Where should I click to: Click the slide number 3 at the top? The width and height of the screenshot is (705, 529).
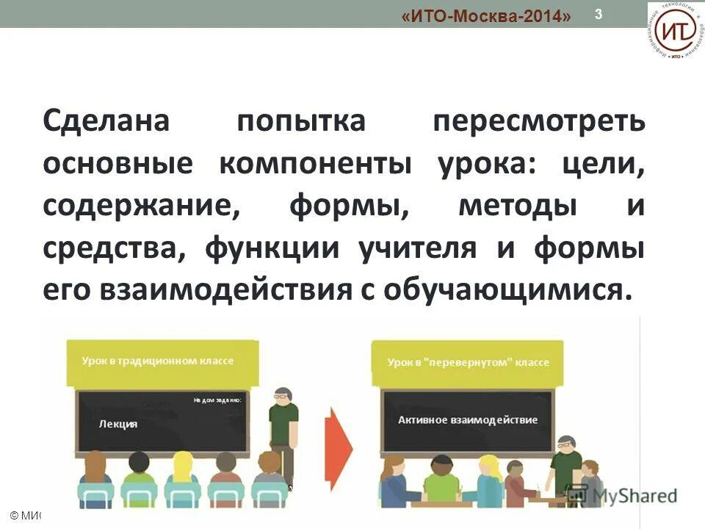tap(599, 14)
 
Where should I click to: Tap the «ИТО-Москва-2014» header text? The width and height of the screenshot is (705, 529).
tap(487, 16)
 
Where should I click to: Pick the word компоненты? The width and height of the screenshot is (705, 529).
tap(315, 165)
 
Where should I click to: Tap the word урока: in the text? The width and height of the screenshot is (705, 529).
tap(488, 165)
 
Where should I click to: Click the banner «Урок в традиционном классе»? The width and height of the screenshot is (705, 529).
tap(159, 361)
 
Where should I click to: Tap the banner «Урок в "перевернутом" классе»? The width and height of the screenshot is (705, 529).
tap(468, 363)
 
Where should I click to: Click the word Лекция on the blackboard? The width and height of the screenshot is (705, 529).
tap(118, 424)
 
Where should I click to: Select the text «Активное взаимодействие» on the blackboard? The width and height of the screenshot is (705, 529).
tap(468, 420)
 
